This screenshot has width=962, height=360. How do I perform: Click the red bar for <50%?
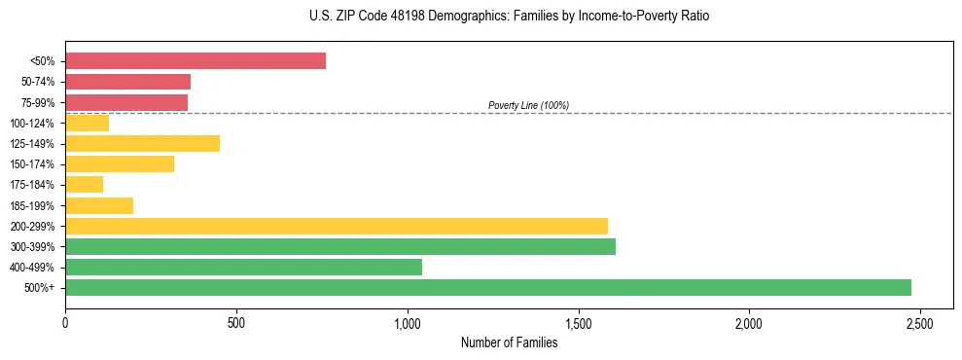point(196,61)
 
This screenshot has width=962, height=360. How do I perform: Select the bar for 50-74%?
point(127,82)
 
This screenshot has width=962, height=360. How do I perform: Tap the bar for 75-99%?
point(126,102)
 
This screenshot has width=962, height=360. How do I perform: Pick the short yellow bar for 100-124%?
point(87,123)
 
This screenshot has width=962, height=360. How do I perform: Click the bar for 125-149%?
point(142,144)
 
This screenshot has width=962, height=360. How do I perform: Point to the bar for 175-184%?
point(84,185)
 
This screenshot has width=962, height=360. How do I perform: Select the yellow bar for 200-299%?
point(337,226)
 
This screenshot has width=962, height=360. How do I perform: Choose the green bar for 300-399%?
point(340,246)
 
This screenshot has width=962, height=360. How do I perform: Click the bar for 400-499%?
point(243,267)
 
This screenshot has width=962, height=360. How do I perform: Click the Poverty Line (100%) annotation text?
point(528,105)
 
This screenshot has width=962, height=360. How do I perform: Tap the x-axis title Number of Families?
point(509,342)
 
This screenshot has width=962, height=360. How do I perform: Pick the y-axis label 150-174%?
point(33,164)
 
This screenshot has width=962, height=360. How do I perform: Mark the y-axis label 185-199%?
point(33,205)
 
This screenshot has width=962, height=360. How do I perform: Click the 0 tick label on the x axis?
point(65,322)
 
